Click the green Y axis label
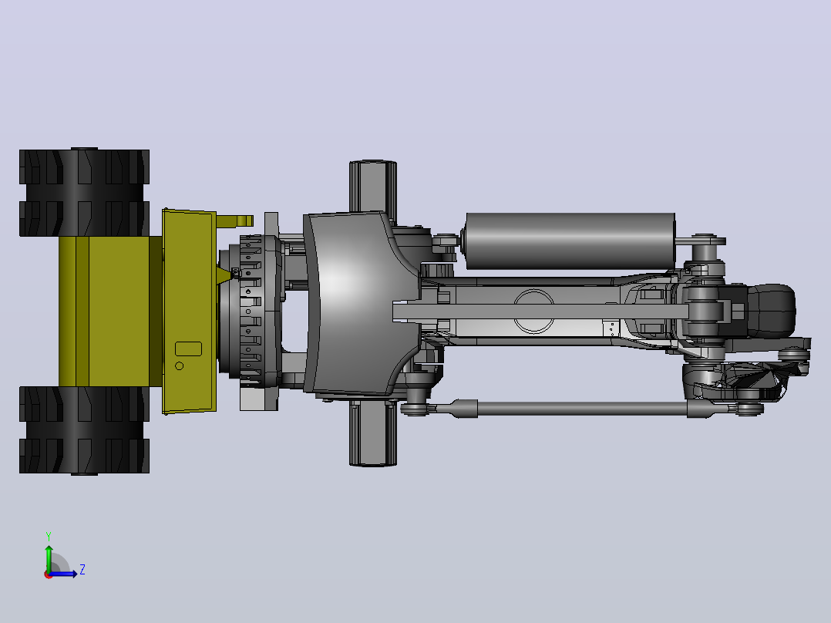[49, 537]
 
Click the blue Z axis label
[82, 570]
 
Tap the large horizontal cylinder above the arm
[569, 241]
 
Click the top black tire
[84, 192]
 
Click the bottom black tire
[84, 430]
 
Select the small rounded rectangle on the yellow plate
[188, 349]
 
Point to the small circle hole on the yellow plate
[179, 365]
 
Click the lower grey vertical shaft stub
[372, 433]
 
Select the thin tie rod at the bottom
[582, 408]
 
